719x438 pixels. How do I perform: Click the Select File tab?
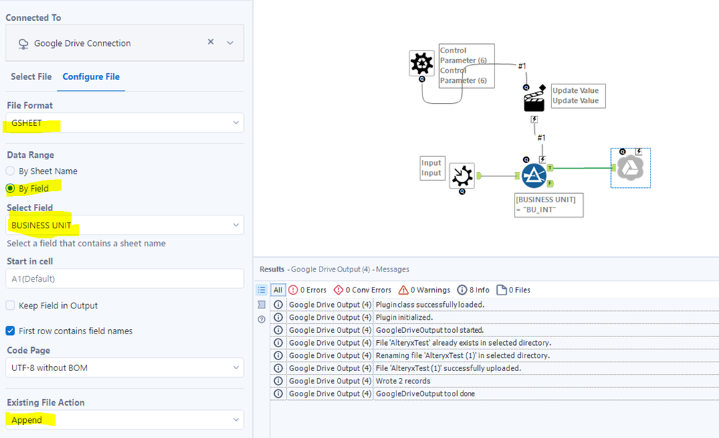[31, 76]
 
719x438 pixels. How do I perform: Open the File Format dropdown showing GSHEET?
[125, 123]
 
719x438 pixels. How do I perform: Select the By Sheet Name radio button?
[11, 171]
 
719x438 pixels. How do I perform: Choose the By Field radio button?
[11, 189]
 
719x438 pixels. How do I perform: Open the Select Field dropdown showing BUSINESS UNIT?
[125, 225]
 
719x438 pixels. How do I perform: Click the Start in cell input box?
[125, 279]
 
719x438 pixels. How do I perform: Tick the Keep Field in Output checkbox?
[11, 305]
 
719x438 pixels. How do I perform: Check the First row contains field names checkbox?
[11, 331]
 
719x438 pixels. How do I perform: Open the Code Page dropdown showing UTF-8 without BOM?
[125, 368]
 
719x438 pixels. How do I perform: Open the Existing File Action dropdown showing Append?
[125, 420]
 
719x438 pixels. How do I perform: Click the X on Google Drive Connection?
[211, 43]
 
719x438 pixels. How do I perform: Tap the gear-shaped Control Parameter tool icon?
[422, 63]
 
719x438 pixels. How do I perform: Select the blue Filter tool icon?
[534, 176]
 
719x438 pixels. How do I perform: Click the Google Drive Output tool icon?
[630, 168]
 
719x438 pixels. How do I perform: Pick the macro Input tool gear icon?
[462, 176]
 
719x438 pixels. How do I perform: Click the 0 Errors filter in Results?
[307, 290]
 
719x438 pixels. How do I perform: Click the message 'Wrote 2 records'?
[403, 381]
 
